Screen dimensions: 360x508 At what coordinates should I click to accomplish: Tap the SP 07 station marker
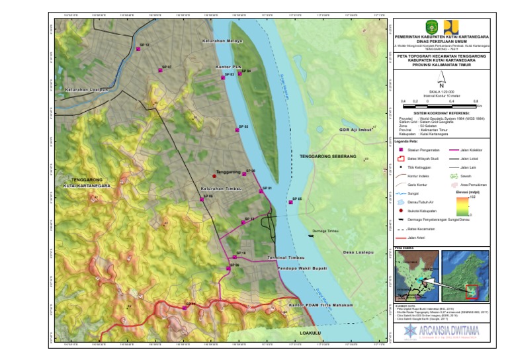tap(161, 68)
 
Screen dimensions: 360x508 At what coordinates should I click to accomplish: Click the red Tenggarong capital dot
tap(214, 176)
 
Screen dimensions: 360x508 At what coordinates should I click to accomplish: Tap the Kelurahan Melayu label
tap(222, 41)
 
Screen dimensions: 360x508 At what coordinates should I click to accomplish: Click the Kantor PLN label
tap(230, 67)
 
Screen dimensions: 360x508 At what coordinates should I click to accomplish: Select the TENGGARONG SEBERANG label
tap(328, 157)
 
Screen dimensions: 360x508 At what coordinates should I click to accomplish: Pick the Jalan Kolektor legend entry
tap(456, 150)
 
